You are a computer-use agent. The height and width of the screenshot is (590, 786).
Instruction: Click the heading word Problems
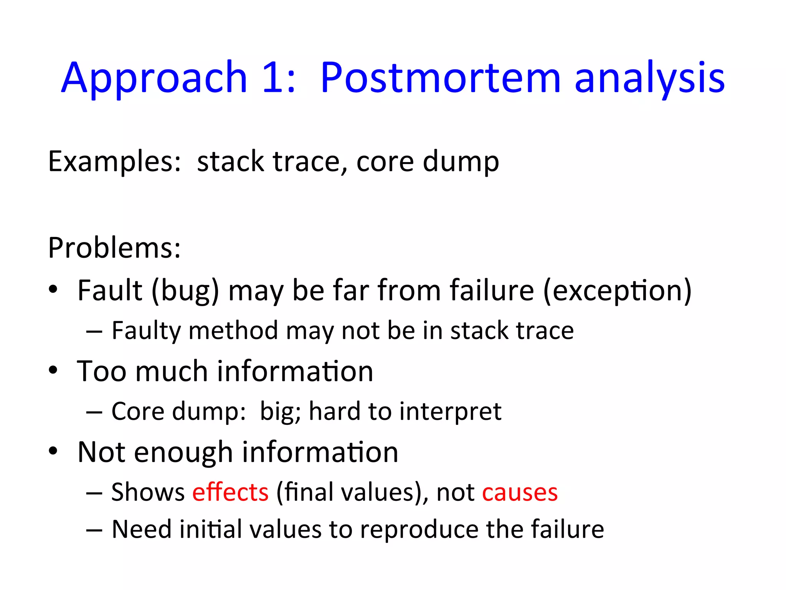[114, 248]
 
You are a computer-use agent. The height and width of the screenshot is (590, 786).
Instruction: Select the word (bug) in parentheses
[185, 291]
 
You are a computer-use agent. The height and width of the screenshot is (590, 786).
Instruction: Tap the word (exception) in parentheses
[617, 291]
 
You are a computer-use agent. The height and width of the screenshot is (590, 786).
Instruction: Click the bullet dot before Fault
[53, 289]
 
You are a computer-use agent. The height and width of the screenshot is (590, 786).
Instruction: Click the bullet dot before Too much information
[53, 370]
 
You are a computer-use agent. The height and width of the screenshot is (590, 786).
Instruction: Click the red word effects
[230, 492]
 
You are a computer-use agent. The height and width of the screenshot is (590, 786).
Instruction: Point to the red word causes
[520, 493]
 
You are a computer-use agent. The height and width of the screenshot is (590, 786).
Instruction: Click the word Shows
[148, 492]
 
